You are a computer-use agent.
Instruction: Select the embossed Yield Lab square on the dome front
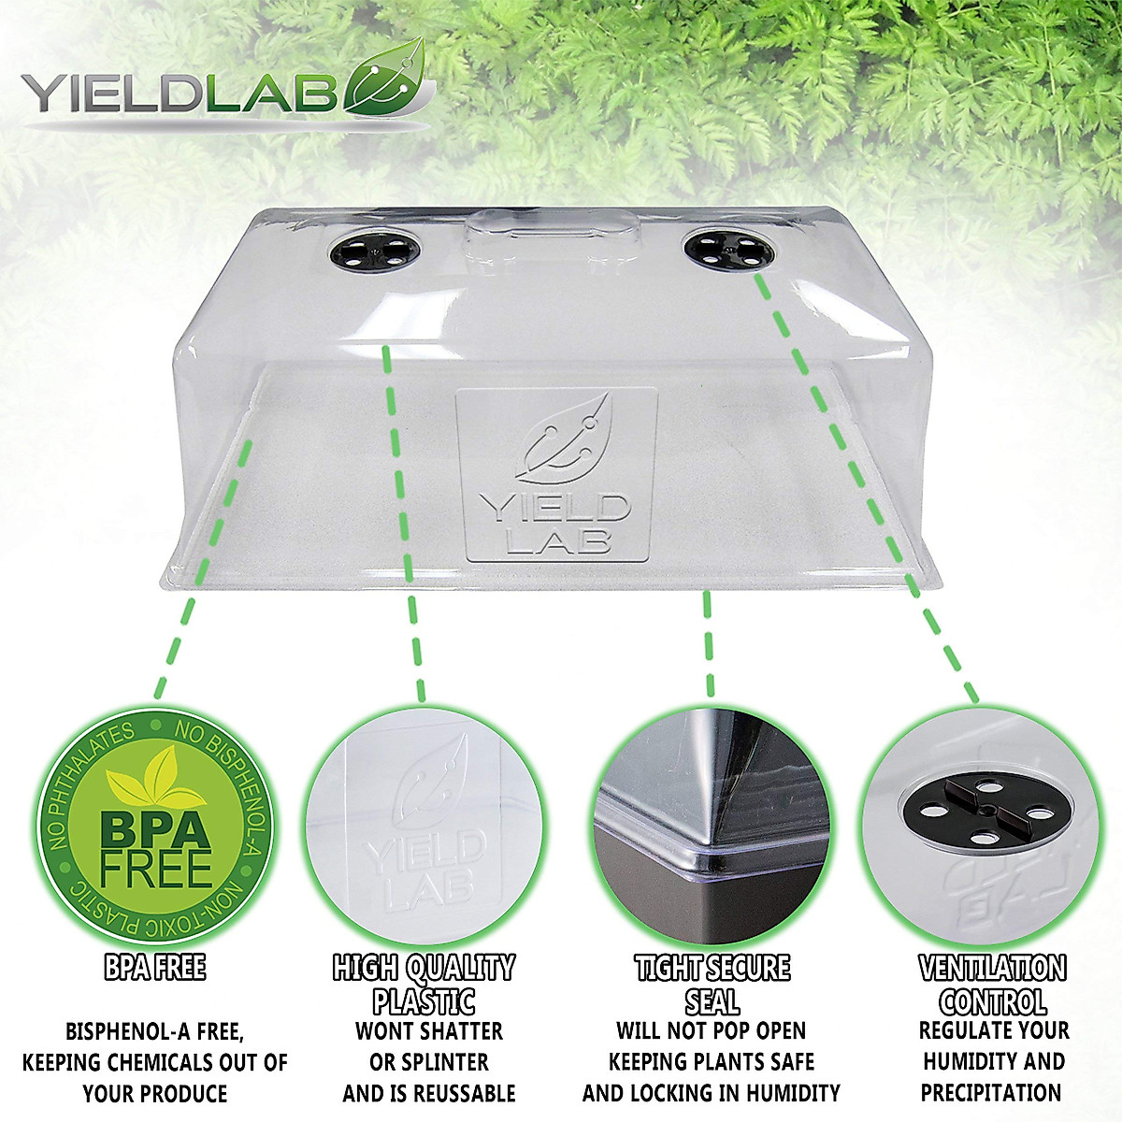click(x=555, y=475)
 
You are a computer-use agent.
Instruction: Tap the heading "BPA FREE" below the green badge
click(x=155, y=968)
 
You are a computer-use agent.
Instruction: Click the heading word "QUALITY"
click(x=462, y=968)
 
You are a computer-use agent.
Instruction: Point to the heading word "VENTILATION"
click(x=992, y=968)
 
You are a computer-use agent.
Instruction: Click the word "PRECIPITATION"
click(x=991, y=1092)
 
